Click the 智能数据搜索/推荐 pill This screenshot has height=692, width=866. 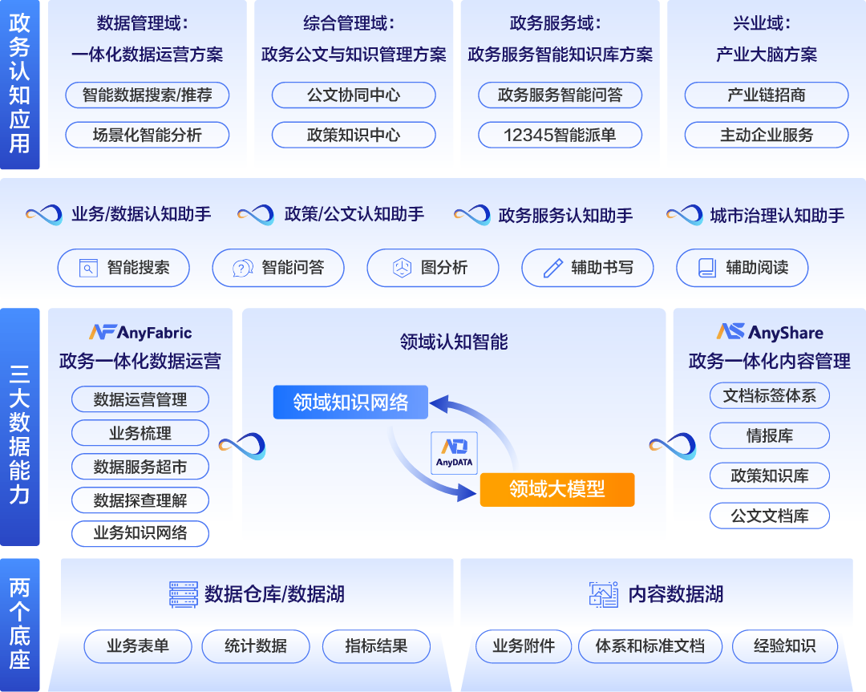pyautogui.click(x=147, y=95)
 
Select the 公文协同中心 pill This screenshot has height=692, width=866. pyautogui.click(x=353, y=95)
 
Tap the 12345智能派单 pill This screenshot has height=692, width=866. pyautogui.click(x=560, y=135)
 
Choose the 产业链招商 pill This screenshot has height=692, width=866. pyautogui.click(x=766, y=95)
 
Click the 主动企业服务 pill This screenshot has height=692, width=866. pyautogui.click(x=766, y=135)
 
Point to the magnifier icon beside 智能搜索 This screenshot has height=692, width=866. pyautogui.click(x=88, y=268)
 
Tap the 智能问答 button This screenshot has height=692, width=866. pyautogui.click(x=278, y=268)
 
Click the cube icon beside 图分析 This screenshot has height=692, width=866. pyautogui.click(x=402, y=268)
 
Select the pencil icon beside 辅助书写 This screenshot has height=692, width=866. pyautogui.click(x=552, y=268)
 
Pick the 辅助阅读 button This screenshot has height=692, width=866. pyautogui.click(x=742, y=268)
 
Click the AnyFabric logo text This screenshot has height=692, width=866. pyautogui.click(x=140, y=332)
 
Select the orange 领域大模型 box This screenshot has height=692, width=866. pyautogui.click(x=556, y=488)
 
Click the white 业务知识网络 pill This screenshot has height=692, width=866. pyautogui.click(x=140, y=533)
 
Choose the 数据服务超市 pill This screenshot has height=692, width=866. pyautogui.click(x=140, y=467)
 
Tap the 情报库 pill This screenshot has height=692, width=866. pyautogui.click(x=769, y=436)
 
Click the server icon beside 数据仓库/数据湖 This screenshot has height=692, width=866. pyautogui.click(x=183, y=594)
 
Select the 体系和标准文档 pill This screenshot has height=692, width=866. pyautogui.click(x=649, y=646)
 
